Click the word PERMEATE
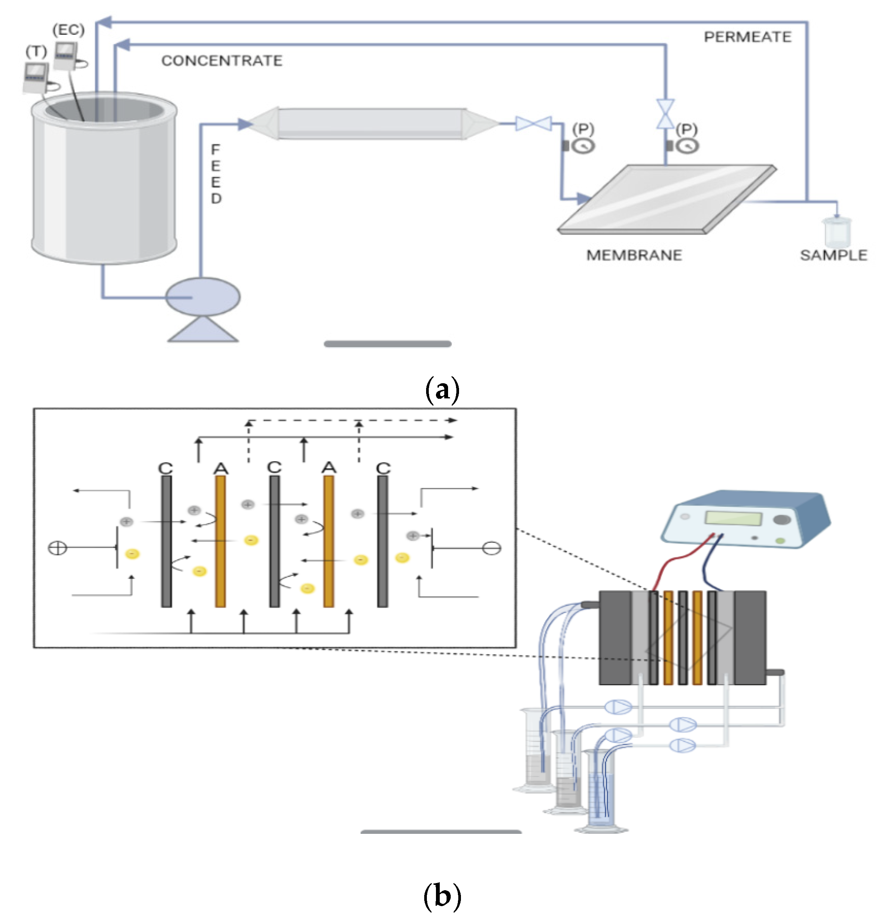(748, 37)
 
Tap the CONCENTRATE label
(222, 61)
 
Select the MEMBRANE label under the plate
(634, 255)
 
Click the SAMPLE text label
(834, 255)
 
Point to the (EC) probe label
(68, 30)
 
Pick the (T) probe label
(37, 51)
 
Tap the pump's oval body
(203, 297)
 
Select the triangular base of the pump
(203, 329)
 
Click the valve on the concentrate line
(665, 114)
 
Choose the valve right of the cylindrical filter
(534, 123)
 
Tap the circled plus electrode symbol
(58, 548)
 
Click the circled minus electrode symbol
(492, 548)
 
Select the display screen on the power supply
(733, 518)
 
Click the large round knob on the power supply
(781, 520)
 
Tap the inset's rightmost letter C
(383, 468)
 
